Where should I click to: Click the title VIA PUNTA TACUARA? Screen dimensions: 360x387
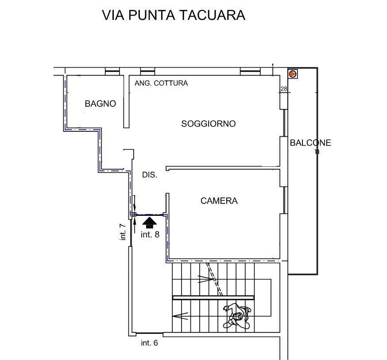[174, 15]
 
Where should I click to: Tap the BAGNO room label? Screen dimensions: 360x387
[101, 104]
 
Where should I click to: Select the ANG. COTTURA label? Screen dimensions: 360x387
[162, 83]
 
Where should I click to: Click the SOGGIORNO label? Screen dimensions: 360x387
[208, 124]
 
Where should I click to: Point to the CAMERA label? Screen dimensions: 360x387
[219, 201]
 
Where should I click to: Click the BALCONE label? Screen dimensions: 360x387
[310, 143]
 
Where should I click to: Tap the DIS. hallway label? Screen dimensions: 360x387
[150, 175]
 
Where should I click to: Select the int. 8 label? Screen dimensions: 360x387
[150, 235]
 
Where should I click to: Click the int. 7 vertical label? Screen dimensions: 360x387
[123, 232]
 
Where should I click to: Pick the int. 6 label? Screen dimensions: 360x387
[149, 343]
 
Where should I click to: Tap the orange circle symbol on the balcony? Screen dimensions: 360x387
[293, 74]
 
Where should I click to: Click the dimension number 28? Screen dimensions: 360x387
[284, 89]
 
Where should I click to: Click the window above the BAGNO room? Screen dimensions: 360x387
[112, 71]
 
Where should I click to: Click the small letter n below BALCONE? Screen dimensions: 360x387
[317, 152]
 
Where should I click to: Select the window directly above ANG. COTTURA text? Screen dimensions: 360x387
[147, 71]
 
